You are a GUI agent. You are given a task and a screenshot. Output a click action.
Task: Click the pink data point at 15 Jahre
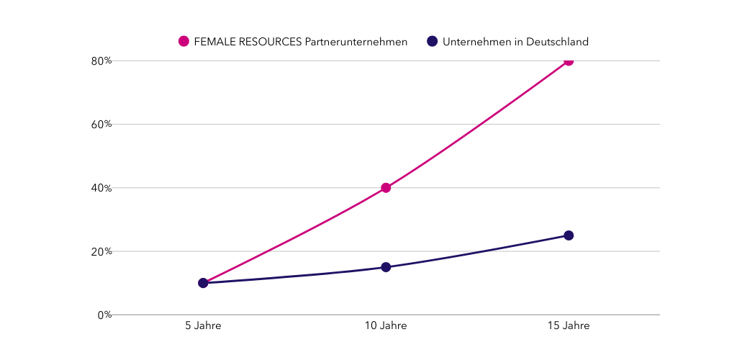click(x=569, y=60)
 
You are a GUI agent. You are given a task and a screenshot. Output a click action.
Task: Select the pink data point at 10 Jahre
click(x=386, y=188)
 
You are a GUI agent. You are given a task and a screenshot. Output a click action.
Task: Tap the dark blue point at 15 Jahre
click(x=569, y=235)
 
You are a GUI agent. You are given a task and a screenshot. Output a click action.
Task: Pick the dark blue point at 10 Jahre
click(x=386, y=267)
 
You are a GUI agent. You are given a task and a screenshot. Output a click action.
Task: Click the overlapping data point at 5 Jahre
click(x=203, y=283)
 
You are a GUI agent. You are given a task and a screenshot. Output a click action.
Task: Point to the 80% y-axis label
click(x=101, y=61)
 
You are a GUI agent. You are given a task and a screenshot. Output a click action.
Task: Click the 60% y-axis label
click(x=101, y=125)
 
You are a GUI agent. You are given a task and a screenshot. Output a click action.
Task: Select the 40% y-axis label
click(x=101, y=188)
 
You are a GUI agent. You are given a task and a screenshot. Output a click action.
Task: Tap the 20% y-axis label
click(x=101, y=251)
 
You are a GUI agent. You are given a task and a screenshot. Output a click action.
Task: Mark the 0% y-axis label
click(x=104, y=315)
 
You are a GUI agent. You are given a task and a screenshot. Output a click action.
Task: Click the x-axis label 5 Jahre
click(x=203, y=326)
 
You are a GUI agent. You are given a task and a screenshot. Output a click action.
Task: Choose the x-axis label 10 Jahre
click(x=386, y=326)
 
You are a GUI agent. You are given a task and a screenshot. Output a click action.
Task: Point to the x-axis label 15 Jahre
click(x=569, y=326)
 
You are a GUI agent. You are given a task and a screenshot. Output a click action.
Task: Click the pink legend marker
click(x=184, y=42)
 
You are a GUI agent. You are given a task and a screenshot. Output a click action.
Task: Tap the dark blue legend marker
click(x=433, y=42)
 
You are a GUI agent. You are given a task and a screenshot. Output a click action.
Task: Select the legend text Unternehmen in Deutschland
click(x=515, y=42)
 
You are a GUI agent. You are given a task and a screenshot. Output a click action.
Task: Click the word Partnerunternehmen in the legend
click(x=356, y=42)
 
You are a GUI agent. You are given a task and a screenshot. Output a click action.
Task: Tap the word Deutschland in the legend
click(x=557, y=42)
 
